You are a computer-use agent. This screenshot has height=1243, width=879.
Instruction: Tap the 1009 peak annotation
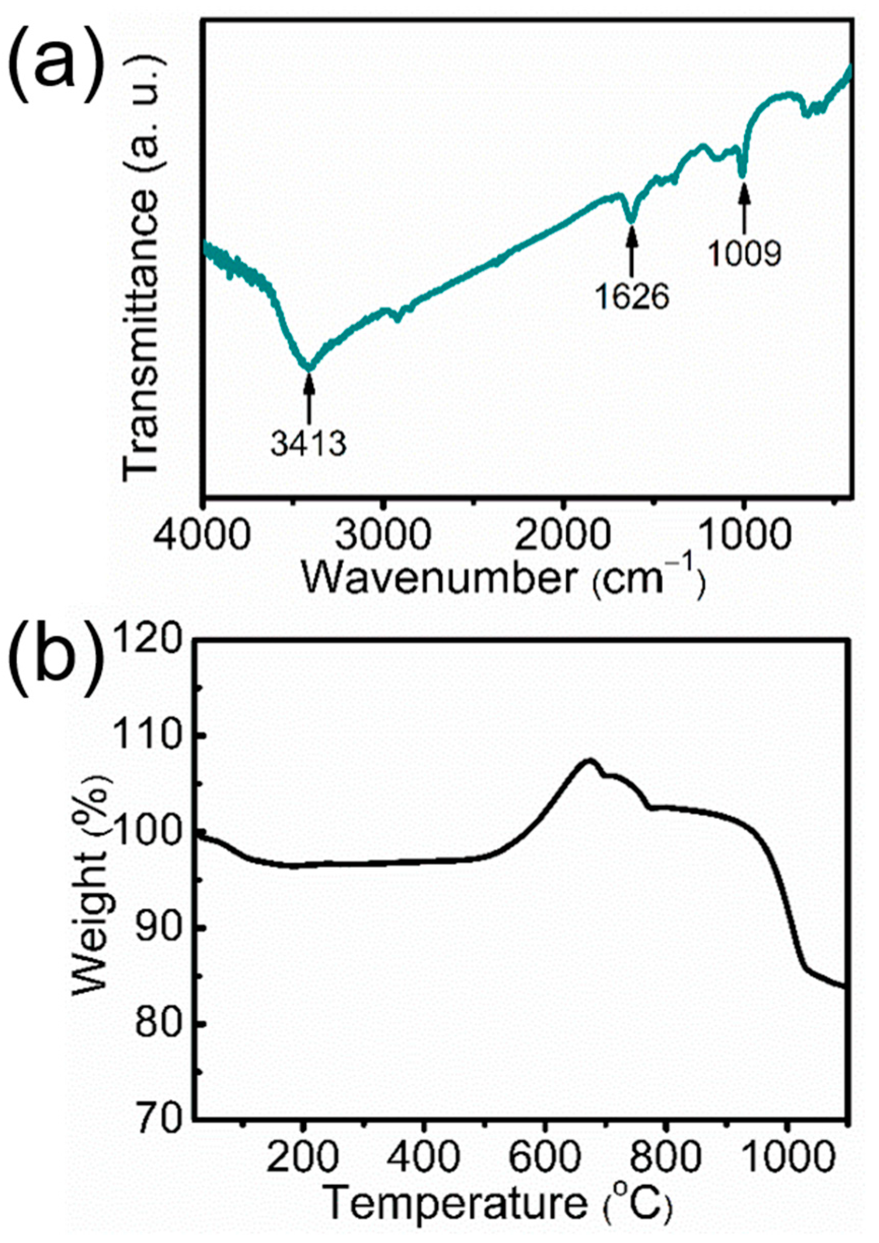[746, 253]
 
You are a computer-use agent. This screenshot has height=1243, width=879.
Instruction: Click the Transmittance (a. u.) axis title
[142, 269]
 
